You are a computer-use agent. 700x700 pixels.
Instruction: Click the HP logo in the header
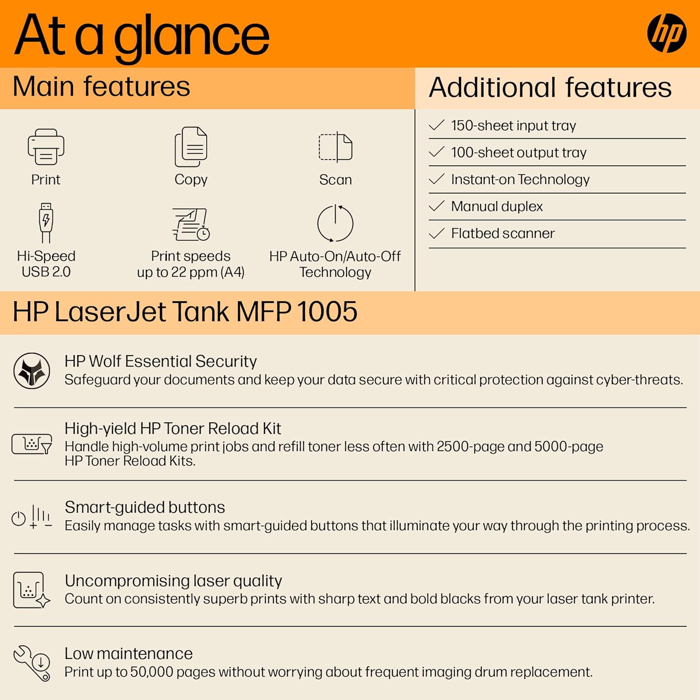tap(666, 33)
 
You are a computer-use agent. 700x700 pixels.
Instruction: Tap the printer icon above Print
tap(46, 147)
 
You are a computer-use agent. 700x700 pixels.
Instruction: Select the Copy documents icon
tap(191, 147)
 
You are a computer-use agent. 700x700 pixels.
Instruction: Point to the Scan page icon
tap(336, 147)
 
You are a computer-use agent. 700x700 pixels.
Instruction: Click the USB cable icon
tap(46, 223)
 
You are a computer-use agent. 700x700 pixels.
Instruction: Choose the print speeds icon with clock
tap(191, 224)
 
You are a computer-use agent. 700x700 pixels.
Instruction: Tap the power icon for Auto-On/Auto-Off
tap(335, 224)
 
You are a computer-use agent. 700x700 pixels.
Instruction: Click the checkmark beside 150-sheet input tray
tap(436, 125)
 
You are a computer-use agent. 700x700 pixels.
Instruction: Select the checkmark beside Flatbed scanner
tap(436, 233)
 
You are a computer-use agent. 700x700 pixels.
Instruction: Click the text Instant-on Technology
tap(520, 180)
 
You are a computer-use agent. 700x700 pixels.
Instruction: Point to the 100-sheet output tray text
tap(518, 153)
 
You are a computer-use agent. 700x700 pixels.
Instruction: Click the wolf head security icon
tap(32, 371)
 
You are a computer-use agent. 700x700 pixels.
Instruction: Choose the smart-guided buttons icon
tap(32, 517)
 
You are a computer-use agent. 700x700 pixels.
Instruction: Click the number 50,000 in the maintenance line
tap(150, 672)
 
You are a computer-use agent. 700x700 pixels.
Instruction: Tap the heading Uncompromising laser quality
tap(173, 581)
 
